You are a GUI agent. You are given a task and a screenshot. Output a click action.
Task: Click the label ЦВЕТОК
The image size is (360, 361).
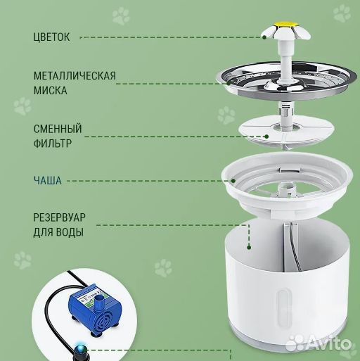(51, 36)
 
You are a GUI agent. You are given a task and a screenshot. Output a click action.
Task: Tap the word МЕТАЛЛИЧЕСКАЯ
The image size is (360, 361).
(74, 75)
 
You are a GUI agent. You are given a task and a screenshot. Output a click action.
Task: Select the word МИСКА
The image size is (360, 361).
(51, 90)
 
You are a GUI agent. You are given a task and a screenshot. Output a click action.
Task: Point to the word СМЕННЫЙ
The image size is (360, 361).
(58, 129)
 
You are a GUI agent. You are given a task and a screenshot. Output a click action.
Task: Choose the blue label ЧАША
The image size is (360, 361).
(47, 180)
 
